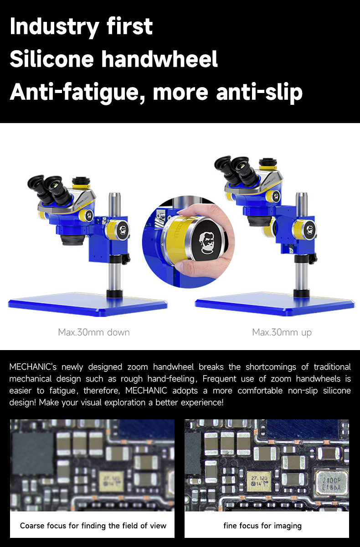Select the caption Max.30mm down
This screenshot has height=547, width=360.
point(94,332)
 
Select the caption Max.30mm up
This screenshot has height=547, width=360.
point(282,333)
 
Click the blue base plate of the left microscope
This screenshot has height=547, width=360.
point(88,304)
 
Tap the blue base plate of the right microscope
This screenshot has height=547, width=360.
point(275,304)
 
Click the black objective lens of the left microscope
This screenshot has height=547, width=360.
point(73,239)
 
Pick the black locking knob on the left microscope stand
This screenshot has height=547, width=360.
point(126,259)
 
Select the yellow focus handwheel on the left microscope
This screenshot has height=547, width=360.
point(117,230)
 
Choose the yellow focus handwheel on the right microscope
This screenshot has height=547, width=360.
point(304,230)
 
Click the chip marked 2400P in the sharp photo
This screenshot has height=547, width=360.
point(331,484)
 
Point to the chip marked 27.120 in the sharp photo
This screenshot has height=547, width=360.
point(259,481)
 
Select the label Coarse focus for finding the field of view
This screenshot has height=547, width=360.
point(93,526)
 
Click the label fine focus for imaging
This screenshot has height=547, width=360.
point(262,526)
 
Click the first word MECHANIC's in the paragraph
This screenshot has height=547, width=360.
point(33,367)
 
